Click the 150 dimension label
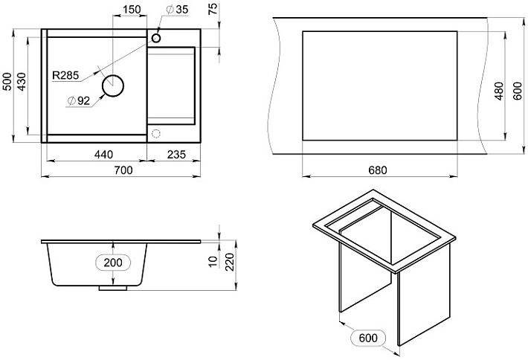click(x=132, y=9)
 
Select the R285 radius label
click(x=65, y=75)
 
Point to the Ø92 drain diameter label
click(x=79, y=100)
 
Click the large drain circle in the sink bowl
click(x=113, y=86)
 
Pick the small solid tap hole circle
click(x=156, y=38)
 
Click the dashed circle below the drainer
click(x=156, y=134)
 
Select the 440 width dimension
click(x=103, y=154)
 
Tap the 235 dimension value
click(x=176, y=154)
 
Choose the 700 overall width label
click(x=123, y=170)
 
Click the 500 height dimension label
click(x=7, y=81)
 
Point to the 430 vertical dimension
click(x=22, y=82)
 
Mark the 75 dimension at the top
click(x=213, y=8)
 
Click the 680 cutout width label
click(x=378, y=170)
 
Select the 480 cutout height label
click(x=499, y=91)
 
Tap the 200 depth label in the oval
click(x=113, y=263)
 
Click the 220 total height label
click(x=229, y=263)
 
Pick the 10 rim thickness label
click(x=213, y=262)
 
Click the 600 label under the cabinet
click(x=368, y=338)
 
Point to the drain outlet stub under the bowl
click(x=113, y=289)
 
